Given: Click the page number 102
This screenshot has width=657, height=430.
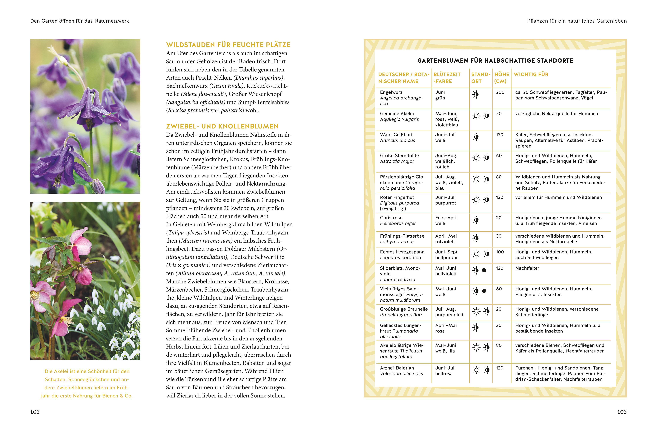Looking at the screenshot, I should [x=35, y=412].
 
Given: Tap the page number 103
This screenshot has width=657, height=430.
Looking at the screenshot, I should [x=622, y=412].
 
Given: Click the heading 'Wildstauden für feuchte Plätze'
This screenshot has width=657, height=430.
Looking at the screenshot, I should [x=228, y=45].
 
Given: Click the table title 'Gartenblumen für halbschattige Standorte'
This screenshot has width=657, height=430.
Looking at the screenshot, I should [x=495, y=60].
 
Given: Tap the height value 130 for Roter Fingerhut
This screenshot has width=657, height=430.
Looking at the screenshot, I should [x=499, y=197].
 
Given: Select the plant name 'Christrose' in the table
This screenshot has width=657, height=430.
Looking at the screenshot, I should [x=391, y=218].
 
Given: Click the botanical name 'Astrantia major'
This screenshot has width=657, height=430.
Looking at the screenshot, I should [x=397, y=161].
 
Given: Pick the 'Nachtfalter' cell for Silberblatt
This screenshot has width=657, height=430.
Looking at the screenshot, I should [x=527, y=268].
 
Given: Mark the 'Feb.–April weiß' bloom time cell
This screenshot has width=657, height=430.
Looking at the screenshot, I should [x=446, y=220].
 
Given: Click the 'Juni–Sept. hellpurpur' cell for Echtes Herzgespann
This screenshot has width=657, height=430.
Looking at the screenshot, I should [x=447, y=255].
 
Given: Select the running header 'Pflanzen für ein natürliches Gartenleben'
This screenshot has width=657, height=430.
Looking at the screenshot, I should [x=577, y=21].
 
